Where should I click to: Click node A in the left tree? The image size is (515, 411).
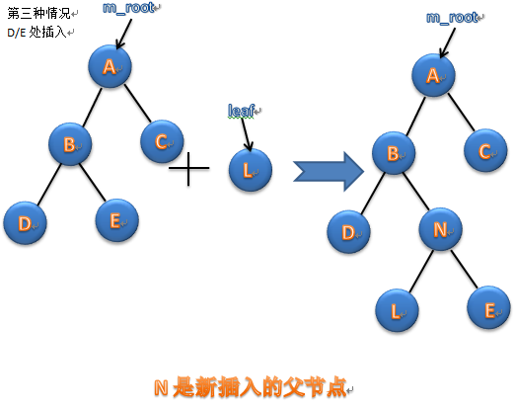110,66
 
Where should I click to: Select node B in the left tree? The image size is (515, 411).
70,144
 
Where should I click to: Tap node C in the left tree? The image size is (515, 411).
162,141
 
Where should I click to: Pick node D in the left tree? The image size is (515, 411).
25,223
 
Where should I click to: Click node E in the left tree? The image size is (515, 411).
116,220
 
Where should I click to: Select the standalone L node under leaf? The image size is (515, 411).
251,170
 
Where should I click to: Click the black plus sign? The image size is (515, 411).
188,168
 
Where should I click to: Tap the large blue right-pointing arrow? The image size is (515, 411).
329,171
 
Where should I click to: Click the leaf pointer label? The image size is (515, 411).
242,111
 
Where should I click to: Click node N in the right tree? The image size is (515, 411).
440,229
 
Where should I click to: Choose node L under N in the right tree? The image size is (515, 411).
397,310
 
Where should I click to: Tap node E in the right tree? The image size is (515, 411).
488,307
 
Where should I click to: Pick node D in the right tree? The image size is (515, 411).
348,232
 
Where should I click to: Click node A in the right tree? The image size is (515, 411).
433,75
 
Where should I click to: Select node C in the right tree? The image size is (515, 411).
485,150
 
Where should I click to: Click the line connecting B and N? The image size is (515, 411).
416,192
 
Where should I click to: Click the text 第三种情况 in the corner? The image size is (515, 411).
39,14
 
